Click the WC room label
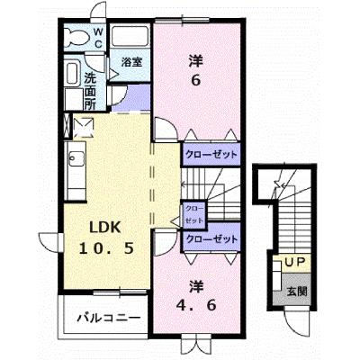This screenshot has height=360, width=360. click(98, 38)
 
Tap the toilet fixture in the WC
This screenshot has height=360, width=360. click(76, 38)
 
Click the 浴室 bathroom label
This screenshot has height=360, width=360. click(131, 62)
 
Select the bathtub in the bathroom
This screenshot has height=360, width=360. click(130, 36)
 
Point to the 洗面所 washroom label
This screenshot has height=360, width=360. click(90, 91)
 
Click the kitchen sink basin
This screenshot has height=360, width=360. click(76, 158)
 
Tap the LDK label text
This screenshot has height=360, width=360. click(105, 228)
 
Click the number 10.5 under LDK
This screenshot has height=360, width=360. click(106, 248)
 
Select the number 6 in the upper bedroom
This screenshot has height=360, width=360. click(195, 80)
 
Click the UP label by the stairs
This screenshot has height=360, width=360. click(295, 263)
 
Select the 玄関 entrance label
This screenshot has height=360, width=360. click(297, 292)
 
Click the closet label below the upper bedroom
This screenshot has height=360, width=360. click(211, 155)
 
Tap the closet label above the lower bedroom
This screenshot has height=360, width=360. click(211, 239)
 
